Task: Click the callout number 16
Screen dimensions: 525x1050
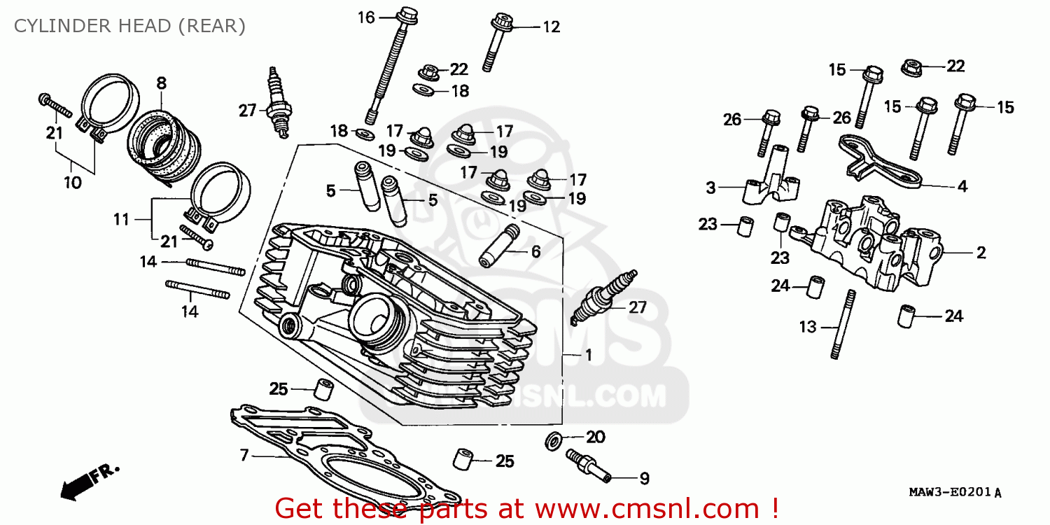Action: (367, 17)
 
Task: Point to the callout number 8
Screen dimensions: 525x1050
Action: (161, 83)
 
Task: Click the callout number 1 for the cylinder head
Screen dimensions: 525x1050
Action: (588, 356)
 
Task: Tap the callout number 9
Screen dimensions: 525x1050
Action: (643, 479)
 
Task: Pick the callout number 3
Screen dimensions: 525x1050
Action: (710, 188)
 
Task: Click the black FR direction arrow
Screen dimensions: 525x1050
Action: (77, 485)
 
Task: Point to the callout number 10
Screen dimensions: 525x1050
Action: (73, 183)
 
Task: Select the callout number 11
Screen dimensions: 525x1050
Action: (122, 219)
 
